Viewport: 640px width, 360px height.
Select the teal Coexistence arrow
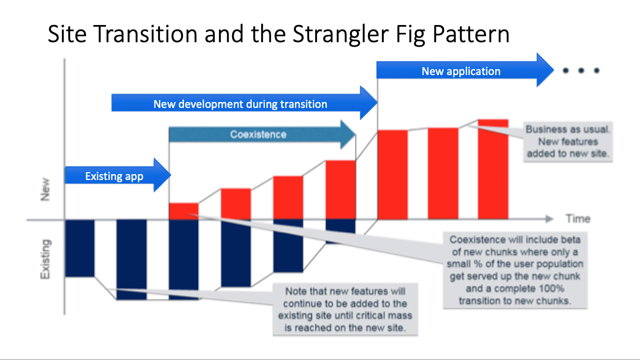[x=259, y=134]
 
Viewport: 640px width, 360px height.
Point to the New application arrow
[x=461, y=71]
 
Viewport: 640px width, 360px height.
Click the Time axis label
[x=578, y=219]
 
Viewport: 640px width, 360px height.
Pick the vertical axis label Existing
[x=45, y=259]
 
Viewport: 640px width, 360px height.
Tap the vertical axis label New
[x=45, y=191]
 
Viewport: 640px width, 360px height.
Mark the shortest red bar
[x=184, y=211]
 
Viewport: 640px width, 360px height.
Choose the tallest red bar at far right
[x=493, y=169]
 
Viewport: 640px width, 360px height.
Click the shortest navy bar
[x=341, y=225]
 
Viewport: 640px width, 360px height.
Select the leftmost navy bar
[x=80, y=248]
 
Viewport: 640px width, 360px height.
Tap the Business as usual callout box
[x=568, y=142]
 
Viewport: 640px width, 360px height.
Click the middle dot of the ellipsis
[x=581, y=71]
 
